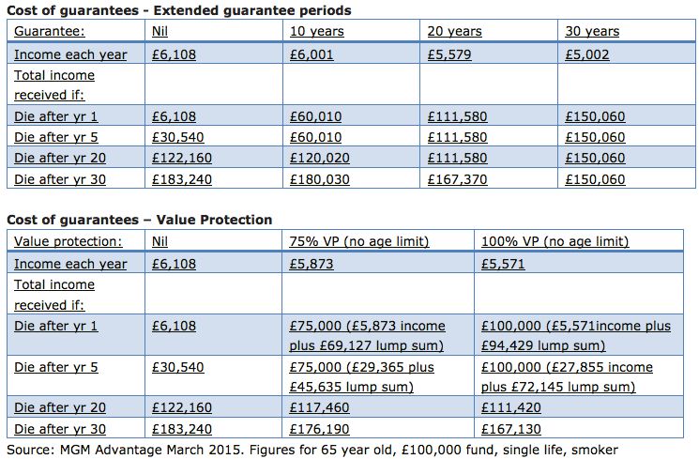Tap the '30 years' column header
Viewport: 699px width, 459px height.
(x=592, y=32)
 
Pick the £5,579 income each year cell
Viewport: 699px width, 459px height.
(x=449, y=54)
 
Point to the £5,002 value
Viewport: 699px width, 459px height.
(x=587, y=54)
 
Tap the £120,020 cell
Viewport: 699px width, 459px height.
(x=318, y=159)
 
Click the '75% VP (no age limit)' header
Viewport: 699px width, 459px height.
(x=359, y=242)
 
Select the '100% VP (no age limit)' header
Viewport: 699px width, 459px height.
(x=555, y=242)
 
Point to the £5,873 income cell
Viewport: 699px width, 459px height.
(x=312, y=265)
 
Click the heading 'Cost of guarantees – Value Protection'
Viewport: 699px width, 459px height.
(x=140, y=221)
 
